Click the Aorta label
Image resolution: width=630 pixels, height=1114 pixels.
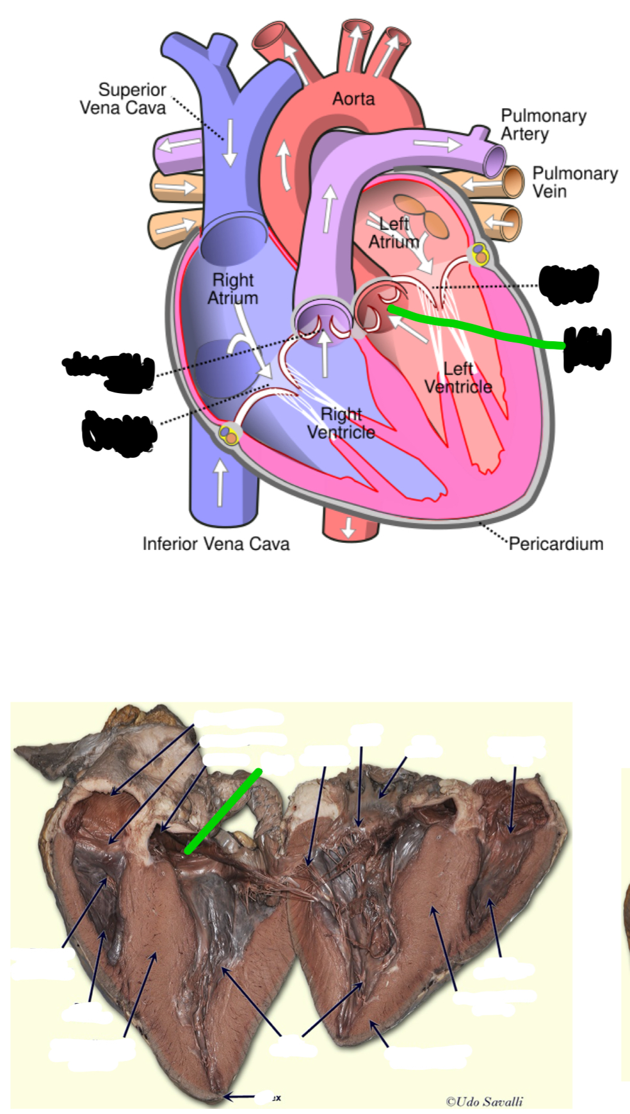click(x=353, y=99)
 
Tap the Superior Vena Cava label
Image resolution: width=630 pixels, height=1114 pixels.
click(x=123, y=99)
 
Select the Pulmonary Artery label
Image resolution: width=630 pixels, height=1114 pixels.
click(x=543, y=124)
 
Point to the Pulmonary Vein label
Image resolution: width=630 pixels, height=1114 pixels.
click(x=574, y=182)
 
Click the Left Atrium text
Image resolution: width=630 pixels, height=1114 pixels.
click(x=394, y=232)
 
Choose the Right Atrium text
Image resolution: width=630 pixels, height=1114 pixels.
click(x=232, y=289)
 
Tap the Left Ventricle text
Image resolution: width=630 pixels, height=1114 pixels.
click(x=458, y=378)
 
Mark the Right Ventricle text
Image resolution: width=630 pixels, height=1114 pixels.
click(x=341, y=423)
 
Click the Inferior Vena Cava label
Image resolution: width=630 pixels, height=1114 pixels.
click(x=216, y=544)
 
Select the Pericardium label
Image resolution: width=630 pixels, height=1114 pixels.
click(x=556, y=544)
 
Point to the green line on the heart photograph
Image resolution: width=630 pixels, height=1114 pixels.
click(x=223, y=811)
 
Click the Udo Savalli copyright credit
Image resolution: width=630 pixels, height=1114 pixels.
click(x=484, y=1101)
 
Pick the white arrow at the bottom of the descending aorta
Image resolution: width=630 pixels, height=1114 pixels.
click(x=348, y=527)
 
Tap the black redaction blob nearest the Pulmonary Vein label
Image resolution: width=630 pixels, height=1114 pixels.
click(x=569, y=283)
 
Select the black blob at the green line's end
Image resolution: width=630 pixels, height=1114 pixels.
click(x=587, y=348)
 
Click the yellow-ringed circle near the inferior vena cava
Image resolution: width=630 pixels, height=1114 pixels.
click(x=229, y=435)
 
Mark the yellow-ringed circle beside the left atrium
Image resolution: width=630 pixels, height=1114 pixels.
click(x=480, y=254)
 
